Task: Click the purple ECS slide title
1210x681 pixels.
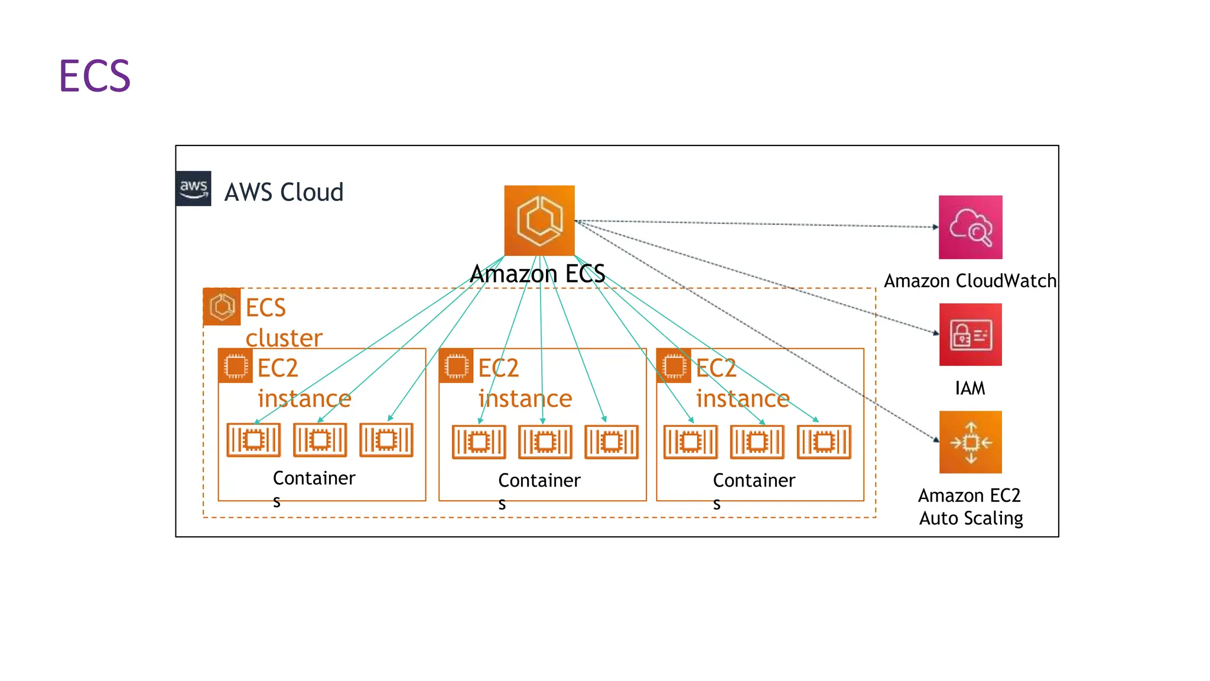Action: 95,76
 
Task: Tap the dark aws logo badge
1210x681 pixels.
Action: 193,189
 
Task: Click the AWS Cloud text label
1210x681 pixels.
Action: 284,192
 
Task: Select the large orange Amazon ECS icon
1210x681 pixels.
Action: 539,220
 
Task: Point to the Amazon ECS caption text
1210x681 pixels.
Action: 538,274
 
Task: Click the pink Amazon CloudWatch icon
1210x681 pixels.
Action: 970,227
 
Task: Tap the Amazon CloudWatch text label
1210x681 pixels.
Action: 970,281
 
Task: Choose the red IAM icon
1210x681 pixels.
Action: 970,335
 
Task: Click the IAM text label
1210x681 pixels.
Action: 970,388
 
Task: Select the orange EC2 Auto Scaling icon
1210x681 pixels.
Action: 970,442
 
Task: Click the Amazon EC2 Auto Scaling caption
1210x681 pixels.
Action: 970,507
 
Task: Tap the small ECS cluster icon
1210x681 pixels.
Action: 222,307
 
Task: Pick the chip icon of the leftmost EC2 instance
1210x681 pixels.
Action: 236,366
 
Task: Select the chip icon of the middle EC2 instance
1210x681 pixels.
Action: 456,366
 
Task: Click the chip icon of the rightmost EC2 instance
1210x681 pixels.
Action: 674,366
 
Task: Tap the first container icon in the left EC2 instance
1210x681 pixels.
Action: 253,440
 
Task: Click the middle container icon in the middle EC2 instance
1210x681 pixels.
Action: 545,442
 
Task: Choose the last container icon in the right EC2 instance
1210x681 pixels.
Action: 824,442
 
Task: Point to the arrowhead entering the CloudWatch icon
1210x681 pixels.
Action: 935,227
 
